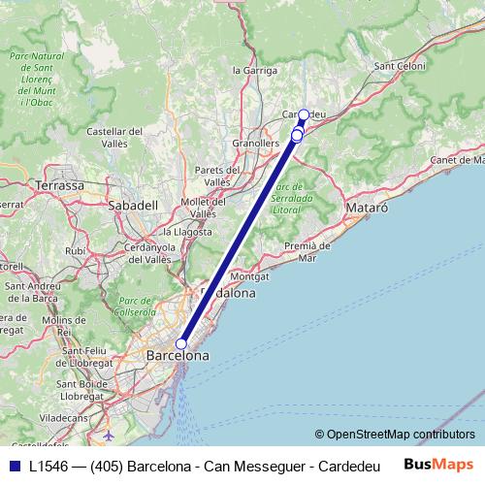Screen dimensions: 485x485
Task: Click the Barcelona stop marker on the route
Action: pos(180,343)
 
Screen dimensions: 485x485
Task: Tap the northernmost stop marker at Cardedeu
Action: pos(303,115)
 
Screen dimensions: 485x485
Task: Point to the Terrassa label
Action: pos(58,184)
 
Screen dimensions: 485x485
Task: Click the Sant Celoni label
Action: pos(400,65)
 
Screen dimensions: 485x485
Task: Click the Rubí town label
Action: pos(75,250)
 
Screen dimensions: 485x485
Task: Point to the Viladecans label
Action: pos(65,417)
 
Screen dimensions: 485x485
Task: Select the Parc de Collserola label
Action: pos(136,307)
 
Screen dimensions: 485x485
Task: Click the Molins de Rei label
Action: pos(64,325)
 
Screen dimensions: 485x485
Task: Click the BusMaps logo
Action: pos(438,465)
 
